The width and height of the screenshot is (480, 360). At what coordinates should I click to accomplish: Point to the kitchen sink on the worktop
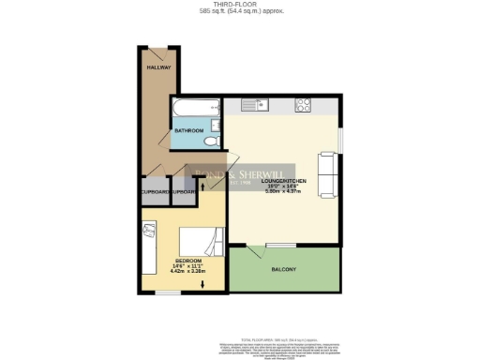(260, 104)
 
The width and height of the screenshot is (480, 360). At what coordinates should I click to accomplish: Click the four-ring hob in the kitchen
(304, 105)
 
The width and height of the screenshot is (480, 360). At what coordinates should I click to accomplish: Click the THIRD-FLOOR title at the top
(240, 5)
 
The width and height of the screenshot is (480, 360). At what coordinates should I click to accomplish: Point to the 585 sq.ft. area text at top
(240, 12)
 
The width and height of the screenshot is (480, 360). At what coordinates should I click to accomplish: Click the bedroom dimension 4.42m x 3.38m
(187, 272)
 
